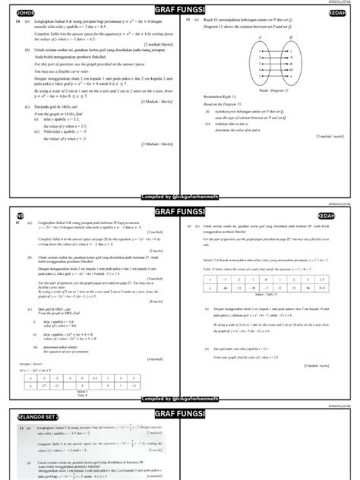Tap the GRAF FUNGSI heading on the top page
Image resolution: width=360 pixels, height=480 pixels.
[181, 10]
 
